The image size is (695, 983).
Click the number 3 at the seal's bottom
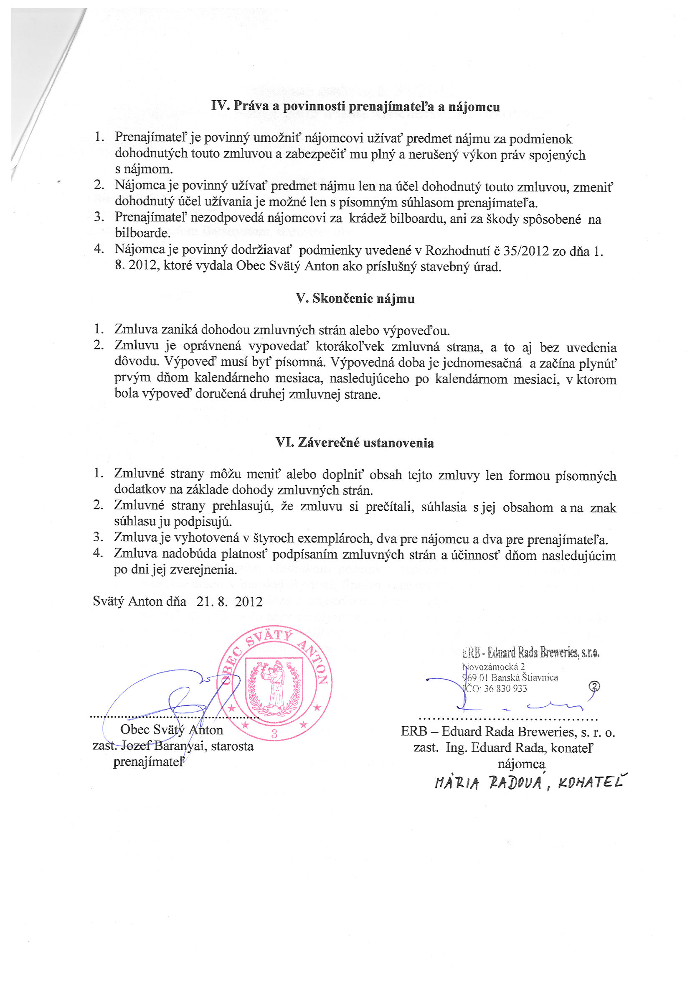click(x=274, y=733)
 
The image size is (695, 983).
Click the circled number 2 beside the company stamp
click(x=594, y=686)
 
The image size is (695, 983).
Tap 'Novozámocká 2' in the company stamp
click(x=493, y=666)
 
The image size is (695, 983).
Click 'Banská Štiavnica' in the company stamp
click(x=525, y=677)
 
